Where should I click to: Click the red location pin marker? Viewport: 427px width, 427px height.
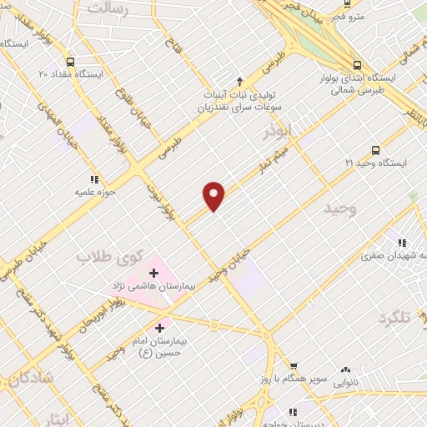[214, 195]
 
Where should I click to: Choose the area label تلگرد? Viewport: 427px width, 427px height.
[395, 318]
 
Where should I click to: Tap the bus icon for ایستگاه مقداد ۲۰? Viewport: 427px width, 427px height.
[69, 62]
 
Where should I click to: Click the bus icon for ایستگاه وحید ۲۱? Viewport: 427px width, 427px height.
[375, 151]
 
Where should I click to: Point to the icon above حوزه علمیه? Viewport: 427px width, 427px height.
[94, 178]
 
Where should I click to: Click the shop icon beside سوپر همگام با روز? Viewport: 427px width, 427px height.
[293, 366]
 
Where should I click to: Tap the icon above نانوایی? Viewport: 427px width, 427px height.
[345, 370]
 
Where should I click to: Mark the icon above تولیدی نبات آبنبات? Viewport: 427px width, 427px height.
[240, 81]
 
